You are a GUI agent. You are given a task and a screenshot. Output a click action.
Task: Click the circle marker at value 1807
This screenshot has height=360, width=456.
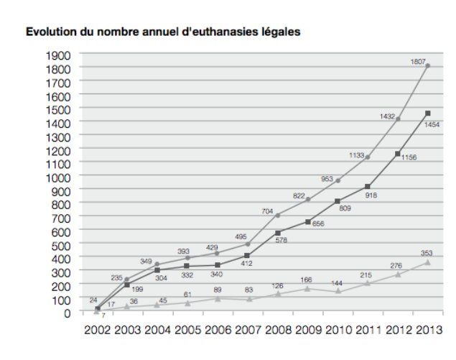click(x=428, y=66)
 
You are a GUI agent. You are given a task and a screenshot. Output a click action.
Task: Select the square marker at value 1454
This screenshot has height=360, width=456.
click(x=428, y=114)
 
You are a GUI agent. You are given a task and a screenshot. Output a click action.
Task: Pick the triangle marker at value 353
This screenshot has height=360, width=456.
click(x=428, y=263)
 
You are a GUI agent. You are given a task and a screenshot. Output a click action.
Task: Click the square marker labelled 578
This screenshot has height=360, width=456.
click(x=277, y=233)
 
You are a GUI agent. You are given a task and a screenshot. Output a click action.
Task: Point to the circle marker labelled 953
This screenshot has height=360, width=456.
click(x=338, y=181)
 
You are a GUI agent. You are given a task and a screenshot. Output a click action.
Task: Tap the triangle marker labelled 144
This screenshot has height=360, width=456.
click(x=338, y=291)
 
